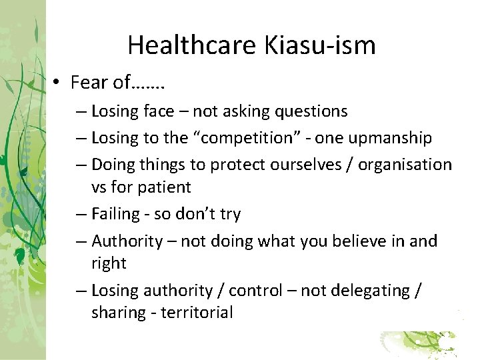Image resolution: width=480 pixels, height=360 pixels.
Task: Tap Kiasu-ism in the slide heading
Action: (320, 45)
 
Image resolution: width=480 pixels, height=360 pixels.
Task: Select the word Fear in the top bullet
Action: (89, 83)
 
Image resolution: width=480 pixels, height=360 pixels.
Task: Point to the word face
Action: (158, 111)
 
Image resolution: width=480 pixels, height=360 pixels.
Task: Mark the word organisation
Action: (405, 164)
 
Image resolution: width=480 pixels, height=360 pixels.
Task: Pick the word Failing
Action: (116, 214)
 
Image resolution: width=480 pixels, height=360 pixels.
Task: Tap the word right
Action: (109, 263)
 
